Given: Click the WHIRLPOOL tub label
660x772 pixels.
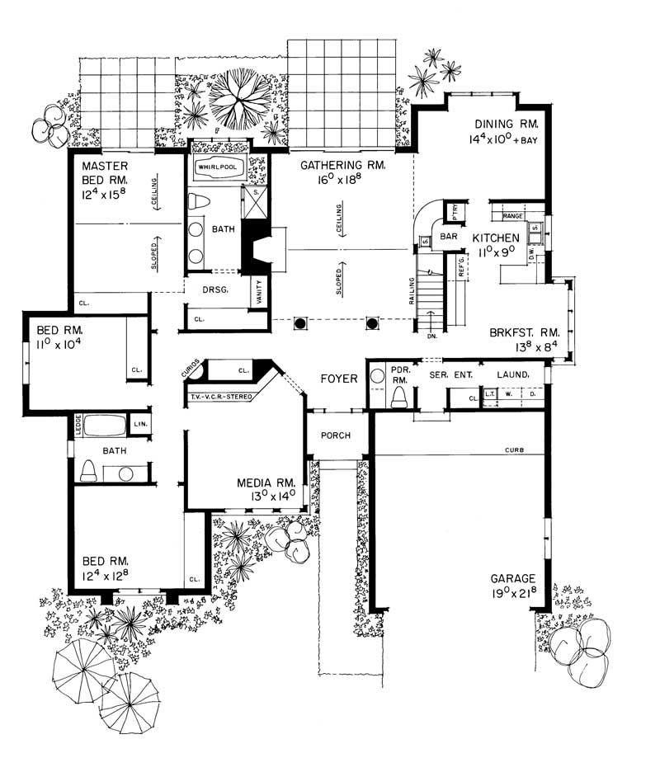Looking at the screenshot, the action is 216,167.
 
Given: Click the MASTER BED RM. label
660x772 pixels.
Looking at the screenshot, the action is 106,172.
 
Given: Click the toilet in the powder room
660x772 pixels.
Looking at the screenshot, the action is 401,398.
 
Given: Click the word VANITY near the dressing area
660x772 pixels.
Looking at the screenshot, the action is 260,292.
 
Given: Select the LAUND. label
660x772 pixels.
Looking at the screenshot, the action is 511,375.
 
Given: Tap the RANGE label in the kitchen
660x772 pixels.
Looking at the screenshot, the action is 514,216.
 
